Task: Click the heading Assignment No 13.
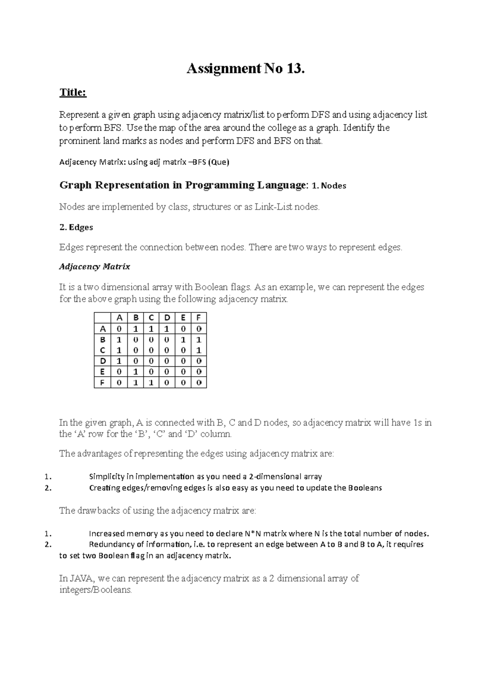point(245,69)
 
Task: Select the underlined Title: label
point(73,93)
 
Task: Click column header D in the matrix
point(167,318)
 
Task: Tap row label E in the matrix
point(103,372)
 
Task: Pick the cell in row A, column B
point(135,329)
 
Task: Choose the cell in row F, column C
point(151,383)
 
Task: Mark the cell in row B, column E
point(183,340)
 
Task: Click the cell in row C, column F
point(198,350)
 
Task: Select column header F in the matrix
point(198,318)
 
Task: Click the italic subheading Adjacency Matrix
point(95,267)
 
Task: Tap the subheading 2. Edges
point(76,227)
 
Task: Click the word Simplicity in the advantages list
point(106,476)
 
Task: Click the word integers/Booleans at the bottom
point(95,590)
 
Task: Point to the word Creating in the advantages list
point(104,488)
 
